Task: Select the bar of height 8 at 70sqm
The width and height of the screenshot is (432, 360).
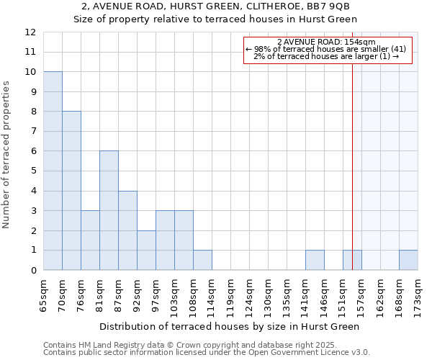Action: click(71, 191)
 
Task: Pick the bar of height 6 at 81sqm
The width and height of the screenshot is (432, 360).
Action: click(109, 210)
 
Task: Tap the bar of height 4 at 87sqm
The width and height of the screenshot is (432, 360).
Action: click(127, 230)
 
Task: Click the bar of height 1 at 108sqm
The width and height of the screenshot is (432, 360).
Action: click(202, 260)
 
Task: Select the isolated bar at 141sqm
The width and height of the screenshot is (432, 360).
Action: click(315, 260)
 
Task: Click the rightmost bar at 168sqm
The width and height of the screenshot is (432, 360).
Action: click(408, 260)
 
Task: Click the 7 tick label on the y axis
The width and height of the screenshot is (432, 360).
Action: click(33, 132)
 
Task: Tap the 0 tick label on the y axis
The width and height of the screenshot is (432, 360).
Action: click(33, 271)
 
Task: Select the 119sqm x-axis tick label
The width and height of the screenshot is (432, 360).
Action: click(230, 295)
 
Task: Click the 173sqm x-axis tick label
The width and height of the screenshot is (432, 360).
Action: click(418, 295)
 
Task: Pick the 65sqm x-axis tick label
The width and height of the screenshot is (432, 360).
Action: click(43, 295)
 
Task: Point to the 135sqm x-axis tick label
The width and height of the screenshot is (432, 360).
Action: click(287, 295)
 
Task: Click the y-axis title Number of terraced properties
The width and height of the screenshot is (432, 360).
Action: click(7, 154)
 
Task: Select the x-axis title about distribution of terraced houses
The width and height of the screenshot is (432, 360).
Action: click(229, 326)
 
